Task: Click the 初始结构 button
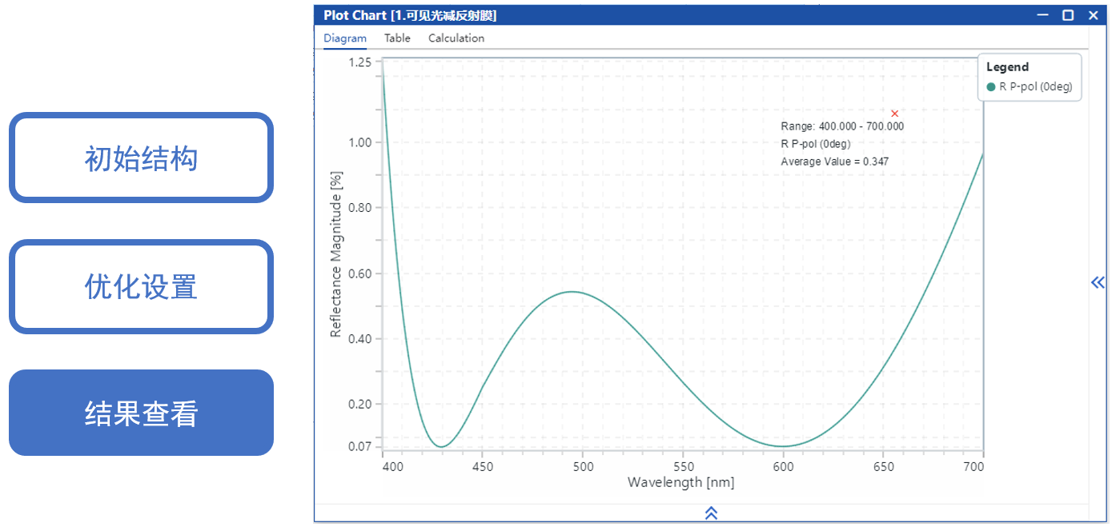click(141, 158)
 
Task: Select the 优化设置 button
click(141, 286)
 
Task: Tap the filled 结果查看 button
click(141, 413)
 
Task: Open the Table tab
click(397, 38)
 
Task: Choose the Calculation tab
click(456, 38)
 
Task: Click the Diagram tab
click(345, 38)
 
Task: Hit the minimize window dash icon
click(1042, 15)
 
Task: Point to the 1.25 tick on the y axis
click(360, 62)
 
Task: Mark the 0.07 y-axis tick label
click(360, 445)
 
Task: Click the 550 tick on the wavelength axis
click(683, 466)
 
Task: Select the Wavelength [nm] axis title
click(680, 482)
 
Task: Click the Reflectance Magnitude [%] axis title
click(336, 254)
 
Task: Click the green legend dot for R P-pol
click(991, 87)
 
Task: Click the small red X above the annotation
click(895, 114)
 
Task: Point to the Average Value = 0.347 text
click(834, 162)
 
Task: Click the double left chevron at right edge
click(1098, 281)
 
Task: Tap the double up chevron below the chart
click(711, 513)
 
